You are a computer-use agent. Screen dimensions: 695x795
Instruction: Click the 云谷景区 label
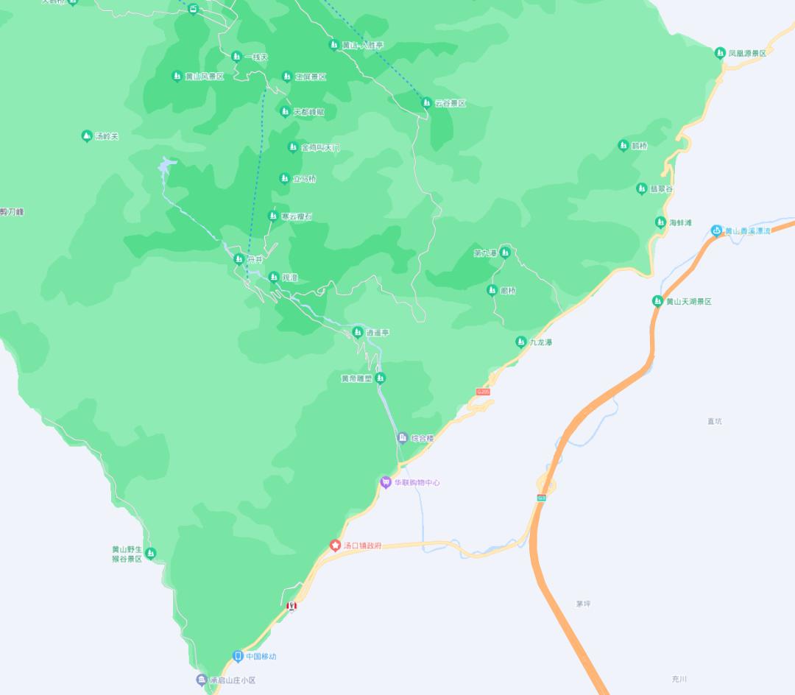451,104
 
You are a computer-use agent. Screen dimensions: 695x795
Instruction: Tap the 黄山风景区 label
205,77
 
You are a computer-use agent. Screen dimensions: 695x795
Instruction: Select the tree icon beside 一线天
236,57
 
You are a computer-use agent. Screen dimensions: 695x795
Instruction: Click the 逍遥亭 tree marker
358,332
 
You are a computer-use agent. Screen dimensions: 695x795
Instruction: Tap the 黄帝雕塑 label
356,379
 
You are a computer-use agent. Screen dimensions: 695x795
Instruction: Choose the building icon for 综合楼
403,438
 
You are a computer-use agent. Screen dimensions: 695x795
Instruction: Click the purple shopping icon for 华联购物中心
386,482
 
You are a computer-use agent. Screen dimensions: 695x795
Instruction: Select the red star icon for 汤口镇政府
335,546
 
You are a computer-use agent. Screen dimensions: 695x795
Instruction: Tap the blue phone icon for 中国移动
238,656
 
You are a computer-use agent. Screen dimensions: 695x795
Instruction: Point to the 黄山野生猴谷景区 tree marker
151,553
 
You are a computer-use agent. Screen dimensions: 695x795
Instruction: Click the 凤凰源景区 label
747,53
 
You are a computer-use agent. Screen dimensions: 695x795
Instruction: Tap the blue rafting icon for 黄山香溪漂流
716,230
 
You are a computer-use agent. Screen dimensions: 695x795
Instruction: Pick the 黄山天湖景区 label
689,302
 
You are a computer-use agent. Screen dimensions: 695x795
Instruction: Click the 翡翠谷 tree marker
641,189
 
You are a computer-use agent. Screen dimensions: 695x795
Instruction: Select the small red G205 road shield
483,392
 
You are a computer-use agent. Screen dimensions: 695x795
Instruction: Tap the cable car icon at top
194,9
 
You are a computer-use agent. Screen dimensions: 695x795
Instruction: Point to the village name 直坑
715,421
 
